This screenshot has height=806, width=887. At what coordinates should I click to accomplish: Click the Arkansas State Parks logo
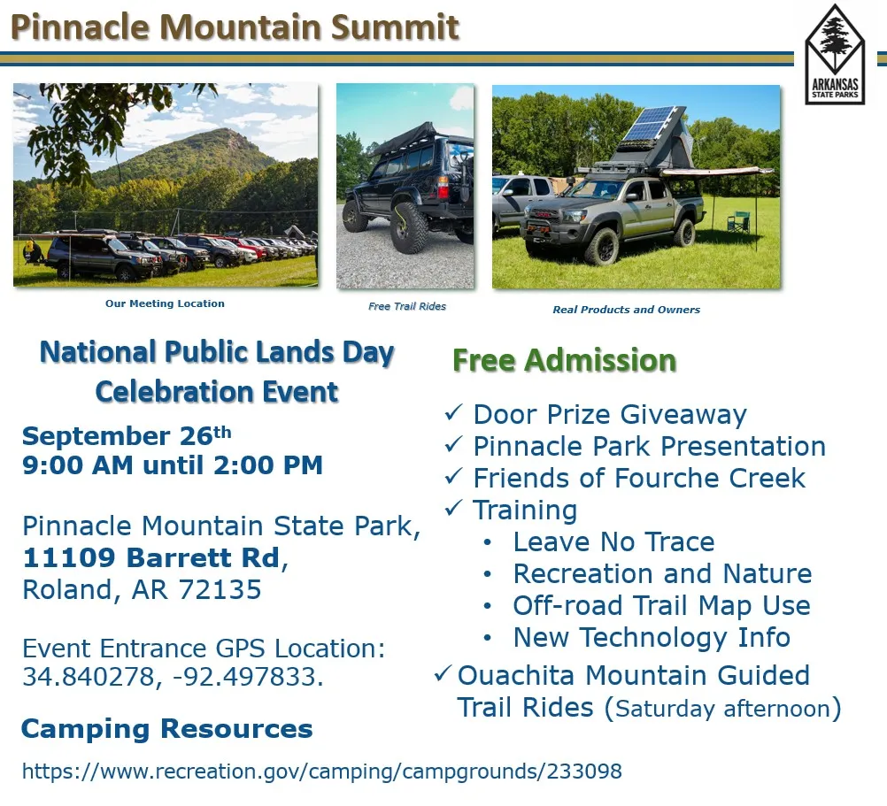click(x=835, y=55)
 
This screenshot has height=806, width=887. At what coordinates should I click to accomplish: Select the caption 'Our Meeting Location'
click(x=165, y=303)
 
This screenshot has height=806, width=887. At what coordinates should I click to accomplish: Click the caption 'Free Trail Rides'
click(x=406, y=306)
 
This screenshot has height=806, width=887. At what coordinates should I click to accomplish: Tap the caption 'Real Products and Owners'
click(x=626, y=310)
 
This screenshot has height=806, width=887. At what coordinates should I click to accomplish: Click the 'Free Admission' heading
click(x=565, y=360)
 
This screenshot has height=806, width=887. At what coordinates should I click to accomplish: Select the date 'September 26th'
click(x=127, y=436)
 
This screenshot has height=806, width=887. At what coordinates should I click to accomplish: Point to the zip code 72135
click(x=220, y=589)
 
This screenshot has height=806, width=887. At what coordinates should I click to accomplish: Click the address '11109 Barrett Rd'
click(x=151, y=558)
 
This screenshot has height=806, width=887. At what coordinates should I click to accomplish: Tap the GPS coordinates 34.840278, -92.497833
click(x=173, y=677)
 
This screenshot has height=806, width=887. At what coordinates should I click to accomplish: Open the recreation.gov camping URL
click(x=322, y=771)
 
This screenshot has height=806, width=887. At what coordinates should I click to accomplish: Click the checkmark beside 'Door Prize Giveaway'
click(x=454, y=412)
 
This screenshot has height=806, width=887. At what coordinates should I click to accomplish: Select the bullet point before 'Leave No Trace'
click(x=488, y=543)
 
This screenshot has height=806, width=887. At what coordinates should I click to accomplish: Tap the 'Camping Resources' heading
click(x=167, y=728)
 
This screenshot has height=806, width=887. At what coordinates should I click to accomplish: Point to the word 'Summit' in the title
click(x=396, y=27)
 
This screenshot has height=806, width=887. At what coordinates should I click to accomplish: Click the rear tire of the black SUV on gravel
click(x=408, y=227)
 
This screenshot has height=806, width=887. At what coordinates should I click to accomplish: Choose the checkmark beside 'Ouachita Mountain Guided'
click(x=443, y=673)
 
